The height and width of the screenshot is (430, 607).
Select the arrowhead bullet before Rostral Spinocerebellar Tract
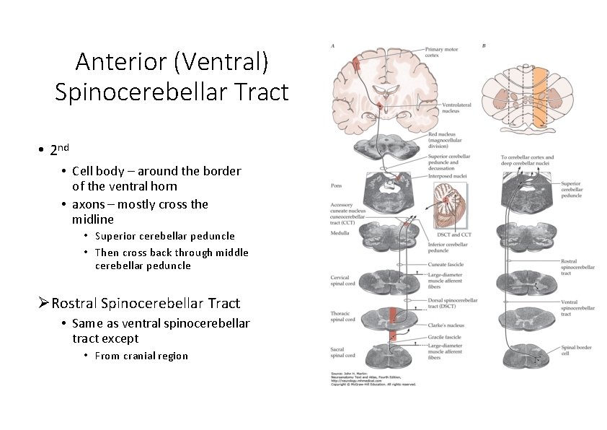[x=44, y=303]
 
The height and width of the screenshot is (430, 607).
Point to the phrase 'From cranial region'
[x=141, y=356]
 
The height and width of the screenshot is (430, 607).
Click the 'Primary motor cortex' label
[x=442, y=51]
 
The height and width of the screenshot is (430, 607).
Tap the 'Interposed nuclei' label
[x=448, y=175]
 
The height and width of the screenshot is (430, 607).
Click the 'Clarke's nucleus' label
[x=444, y=325]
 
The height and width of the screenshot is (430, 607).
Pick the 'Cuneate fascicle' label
[x=445, y=265]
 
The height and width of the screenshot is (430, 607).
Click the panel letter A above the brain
[x=332, y=45]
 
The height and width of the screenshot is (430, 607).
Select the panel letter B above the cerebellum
[x=484, y=45]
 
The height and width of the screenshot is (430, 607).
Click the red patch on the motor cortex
[x=355, y=63]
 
